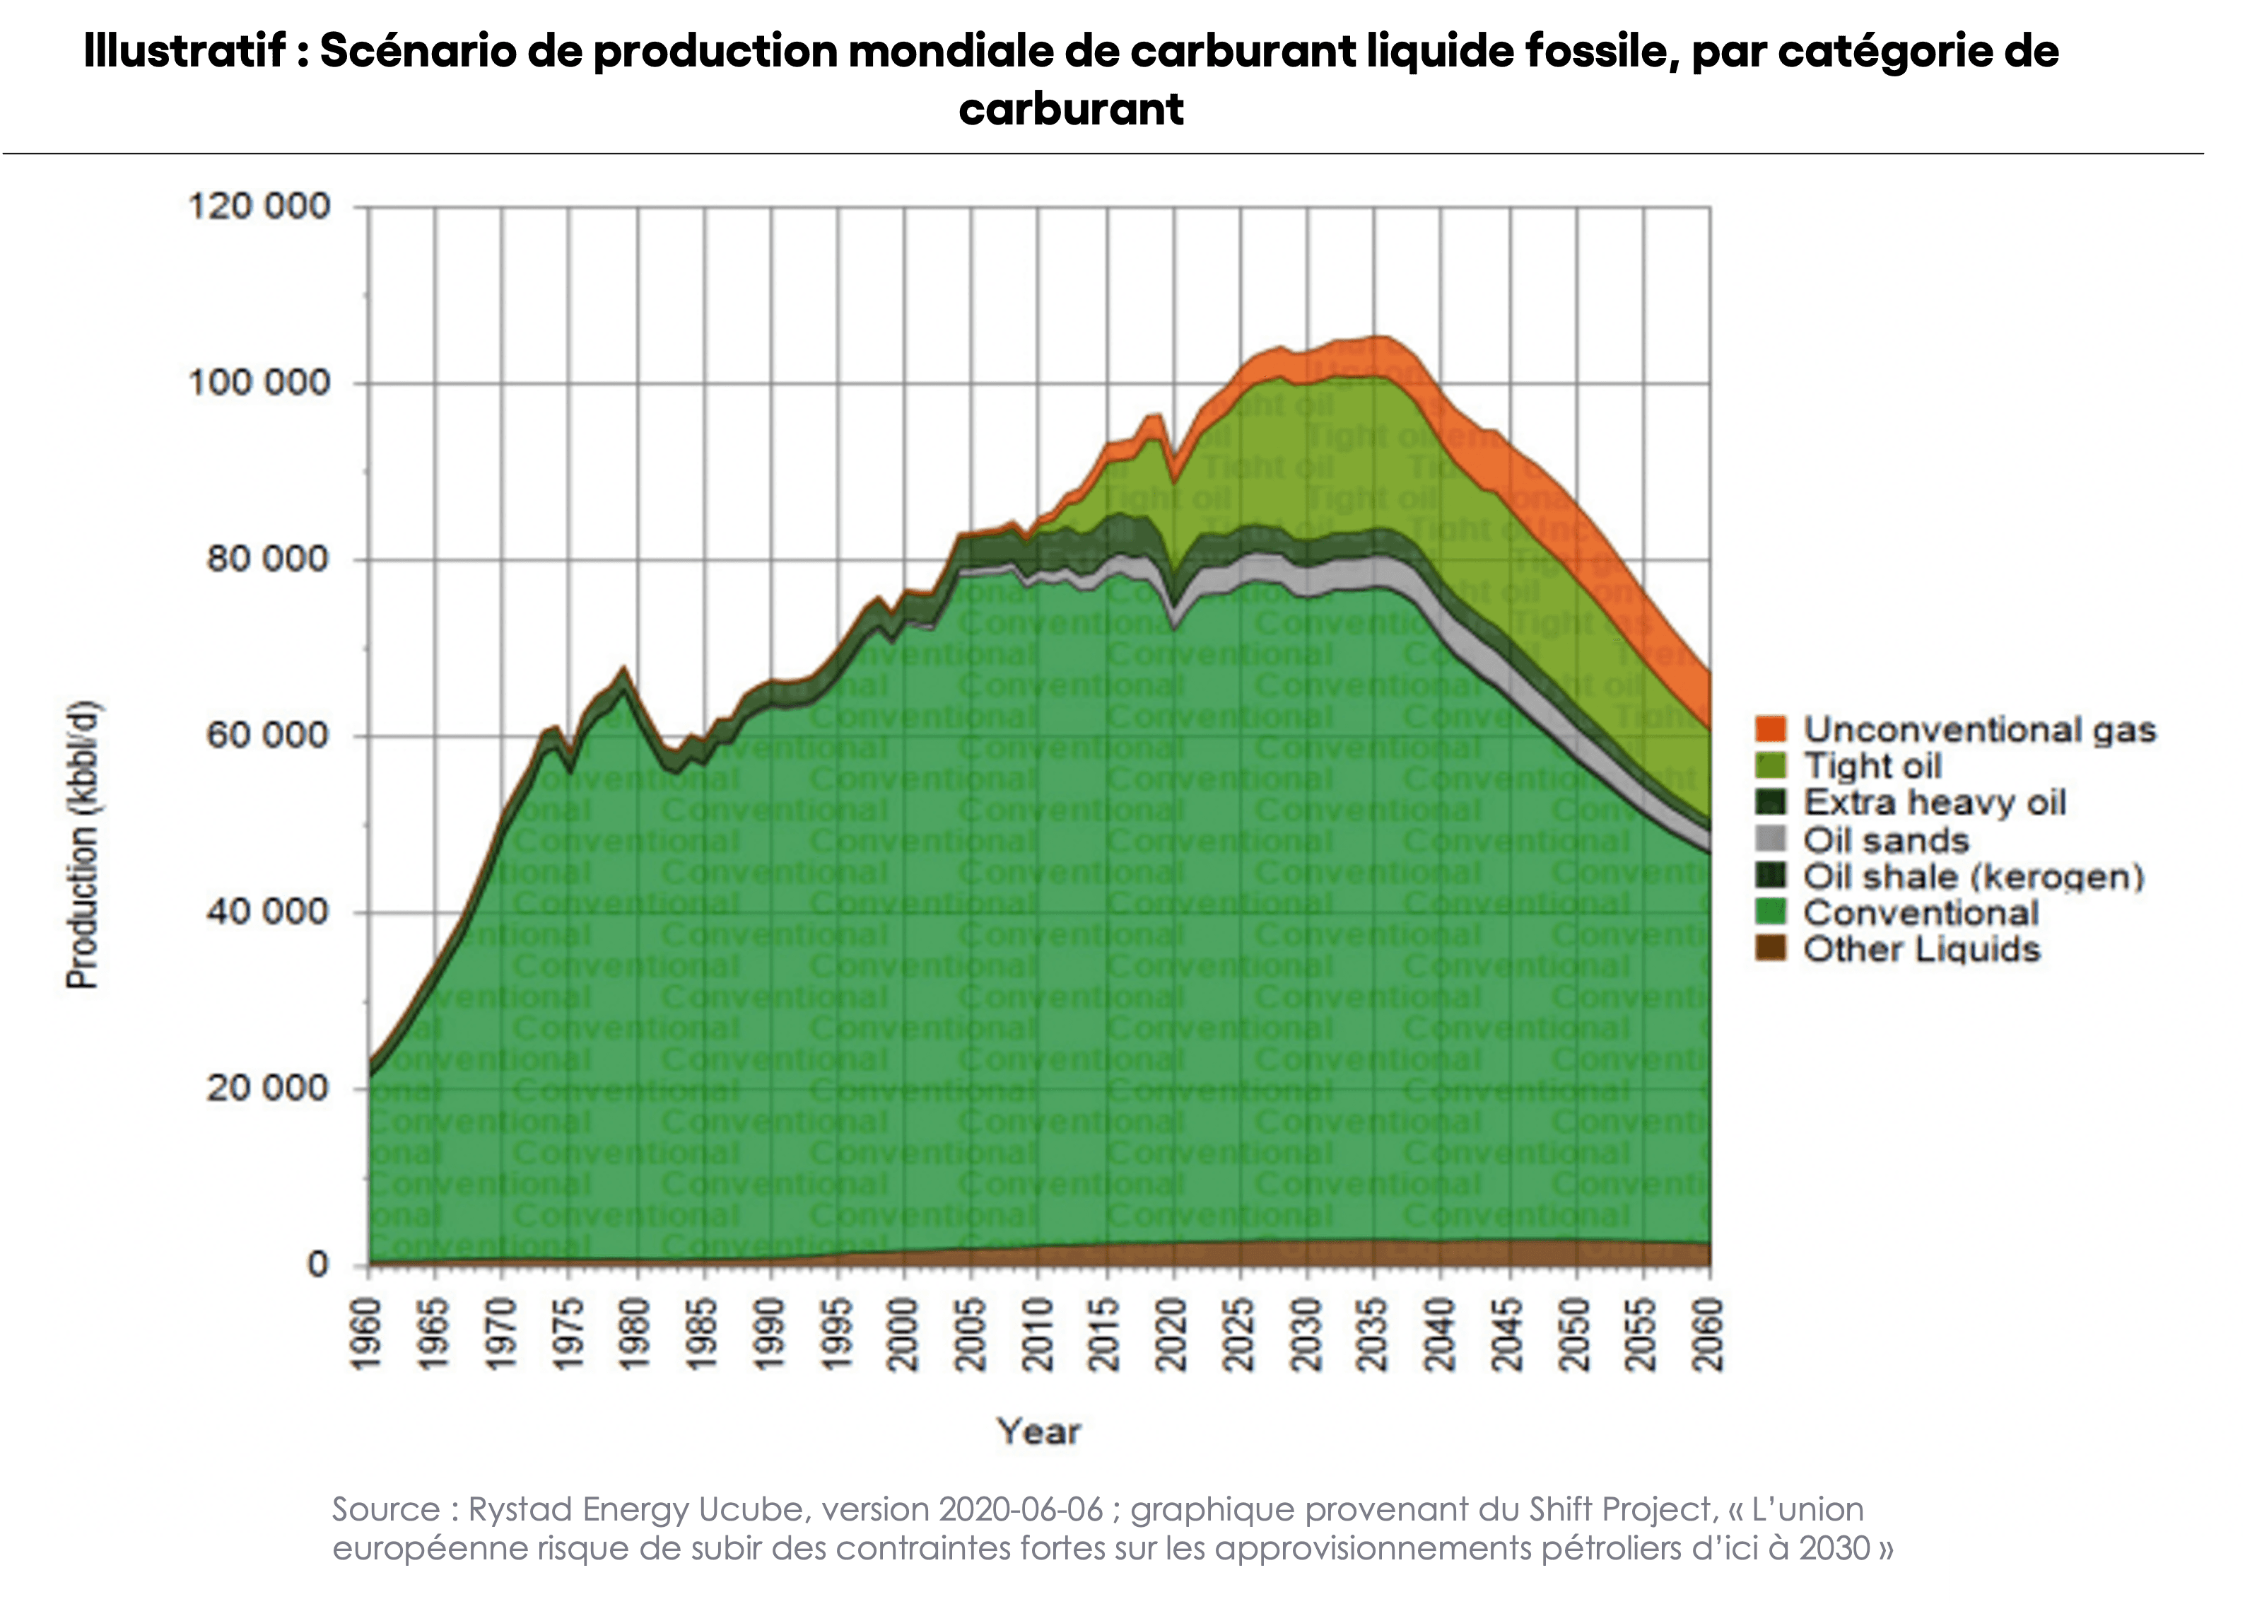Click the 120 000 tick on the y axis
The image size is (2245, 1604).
pos(259,207)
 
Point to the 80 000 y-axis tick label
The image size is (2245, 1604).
pos(266,559)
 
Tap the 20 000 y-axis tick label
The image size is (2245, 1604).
pos(266,1088)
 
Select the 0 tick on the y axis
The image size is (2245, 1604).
pos(317,1265)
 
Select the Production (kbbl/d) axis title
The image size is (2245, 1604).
pos(83,844)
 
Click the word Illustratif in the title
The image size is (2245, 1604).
pos(184,52)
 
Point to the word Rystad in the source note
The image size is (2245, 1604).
pos(520,1509)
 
